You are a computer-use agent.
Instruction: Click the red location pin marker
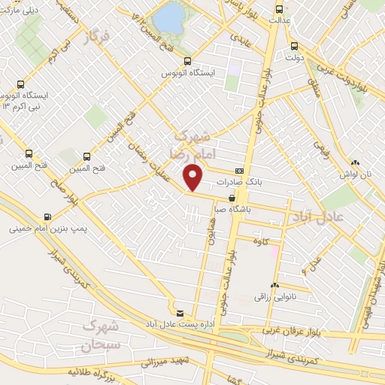(193, 177)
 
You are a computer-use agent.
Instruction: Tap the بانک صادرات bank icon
(239, 171)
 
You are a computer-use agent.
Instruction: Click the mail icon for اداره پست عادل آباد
(179, 314)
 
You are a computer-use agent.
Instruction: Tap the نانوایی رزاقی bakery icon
(274, 286)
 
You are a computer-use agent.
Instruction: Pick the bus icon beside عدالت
(280, 10)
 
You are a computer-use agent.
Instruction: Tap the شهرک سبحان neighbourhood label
(100, 338)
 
